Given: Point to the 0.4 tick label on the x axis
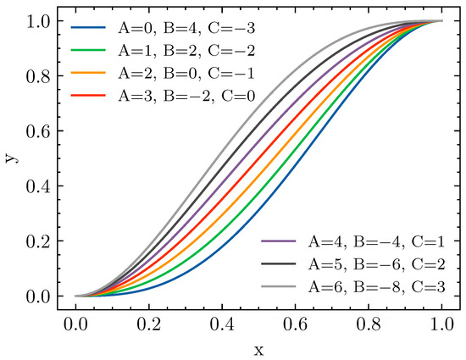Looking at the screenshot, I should tap(222, 323).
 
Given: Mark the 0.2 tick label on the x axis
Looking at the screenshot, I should tap(148, 323).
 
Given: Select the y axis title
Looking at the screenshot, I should tap(11, 158).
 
